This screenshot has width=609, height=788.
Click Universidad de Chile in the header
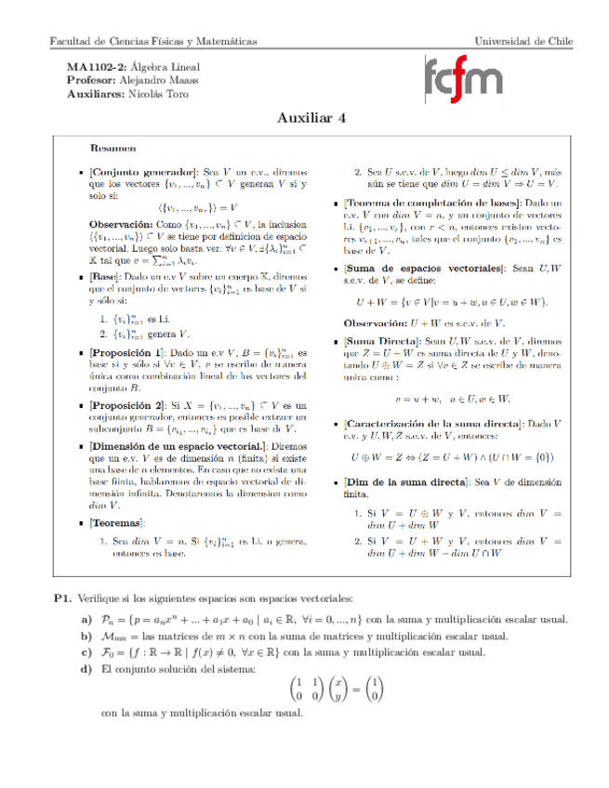523,42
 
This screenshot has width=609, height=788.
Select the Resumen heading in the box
113,147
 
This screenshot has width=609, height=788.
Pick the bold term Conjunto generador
144,172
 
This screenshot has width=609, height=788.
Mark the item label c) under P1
86,652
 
